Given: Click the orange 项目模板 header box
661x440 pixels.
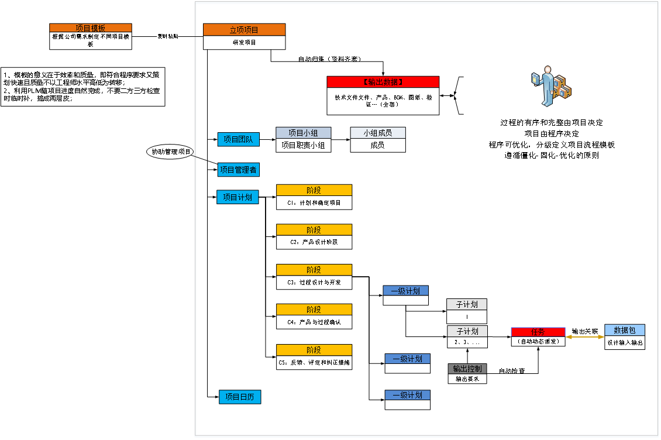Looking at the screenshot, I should [x=90, y=28].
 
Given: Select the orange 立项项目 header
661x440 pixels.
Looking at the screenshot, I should [x=244, y=30].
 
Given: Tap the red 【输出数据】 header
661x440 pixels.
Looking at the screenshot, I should [x=383, y=82].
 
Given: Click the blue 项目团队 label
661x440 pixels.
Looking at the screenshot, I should [x=238, y=139].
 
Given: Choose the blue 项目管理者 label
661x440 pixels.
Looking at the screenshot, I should [x=238, y=170].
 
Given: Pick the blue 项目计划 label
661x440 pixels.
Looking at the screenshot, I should [x=237, y=197].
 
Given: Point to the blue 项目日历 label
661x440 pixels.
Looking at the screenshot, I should [x=240, y=397].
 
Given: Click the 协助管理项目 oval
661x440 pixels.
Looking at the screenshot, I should [x=171, y=152].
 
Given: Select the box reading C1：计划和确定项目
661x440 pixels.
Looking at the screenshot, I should [x=314, y=202].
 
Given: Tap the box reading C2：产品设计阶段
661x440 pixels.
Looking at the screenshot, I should [x=314, y=242].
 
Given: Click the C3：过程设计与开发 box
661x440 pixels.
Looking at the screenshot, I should [x=314, y=282].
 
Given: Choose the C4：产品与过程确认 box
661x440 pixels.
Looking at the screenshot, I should [x=314, y=322].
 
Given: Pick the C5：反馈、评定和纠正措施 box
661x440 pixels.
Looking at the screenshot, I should [x=314, y=362].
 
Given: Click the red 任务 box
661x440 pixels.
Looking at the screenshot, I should [x=538, y=332].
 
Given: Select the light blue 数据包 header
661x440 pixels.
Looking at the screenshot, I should [x=625, y=330].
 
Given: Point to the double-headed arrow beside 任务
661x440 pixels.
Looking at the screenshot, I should [x=585, y=337].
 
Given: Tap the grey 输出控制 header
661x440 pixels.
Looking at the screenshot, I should [x=467, y=369].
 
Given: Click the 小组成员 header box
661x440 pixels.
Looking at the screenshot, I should [x=378, y=133].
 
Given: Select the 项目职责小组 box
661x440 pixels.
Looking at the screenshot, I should [x=303, y=145].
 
